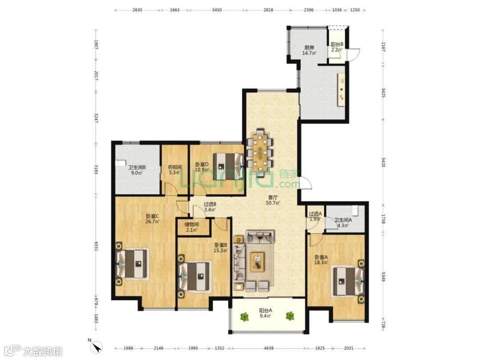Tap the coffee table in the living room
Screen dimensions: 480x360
(x=258, y=262)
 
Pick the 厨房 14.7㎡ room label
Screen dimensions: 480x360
(x=309, y=50)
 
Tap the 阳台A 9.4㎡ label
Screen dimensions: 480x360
(x=265, y=313)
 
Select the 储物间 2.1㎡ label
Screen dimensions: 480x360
(x=192, y=227)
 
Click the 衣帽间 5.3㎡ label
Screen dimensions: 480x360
(x=175, y=170)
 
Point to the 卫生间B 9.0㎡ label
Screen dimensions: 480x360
(x=136, y=170)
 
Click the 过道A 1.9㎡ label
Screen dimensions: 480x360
(x=315, y=216)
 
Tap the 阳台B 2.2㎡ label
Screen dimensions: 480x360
(x=337, y=47)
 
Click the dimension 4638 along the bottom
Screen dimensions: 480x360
(x=268, y=348)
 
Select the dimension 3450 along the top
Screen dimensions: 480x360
(x=217, y=10)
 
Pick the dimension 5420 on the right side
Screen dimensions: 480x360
(x=383, y=163)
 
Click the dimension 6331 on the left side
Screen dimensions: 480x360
(x=96, y=246)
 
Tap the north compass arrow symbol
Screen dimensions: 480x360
(x=97, y=347)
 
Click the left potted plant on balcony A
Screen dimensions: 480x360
(x=244, y=316)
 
